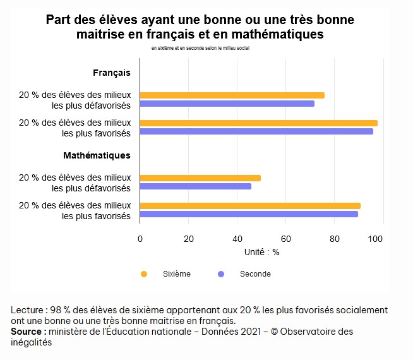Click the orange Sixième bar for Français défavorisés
(232, 95)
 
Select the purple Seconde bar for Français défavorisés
(227, 104)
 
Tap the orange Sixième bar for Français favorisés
(258, 123)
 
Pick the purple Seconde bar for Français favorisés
(256, 131)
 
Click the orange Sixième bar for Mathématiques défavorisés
(200, 178)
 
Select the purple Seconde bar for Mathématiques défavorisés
(195, 186)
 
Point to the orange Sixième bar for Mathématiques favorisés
(249, 206)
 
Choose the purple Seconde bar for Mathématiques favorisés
(248, 214)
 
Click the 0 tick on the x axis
(140, 239)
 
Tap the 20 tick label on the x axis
(188, 239)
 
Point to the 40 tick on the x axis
(237, 239)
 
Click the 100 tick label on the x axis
(376, 239)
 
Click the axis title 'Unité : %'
(261, 252)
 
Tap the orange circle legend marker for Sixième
(144, 274)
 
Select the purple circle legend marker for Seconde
(220, 274)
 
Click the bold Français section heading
(112, 73)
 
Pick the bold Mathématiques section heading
(97, 155)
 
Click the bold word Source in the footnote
(27, 332)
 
